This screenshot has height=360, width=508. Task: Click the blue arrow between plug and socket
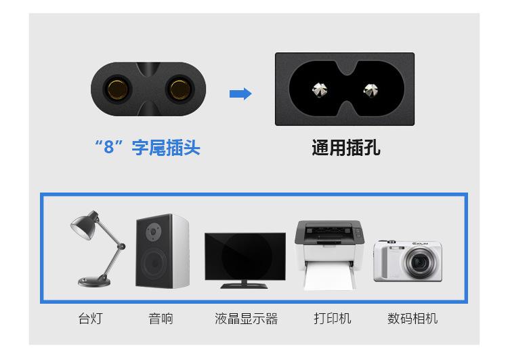point(240,94)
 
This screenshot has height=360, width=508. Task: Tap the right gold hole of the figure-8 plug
point(179,89)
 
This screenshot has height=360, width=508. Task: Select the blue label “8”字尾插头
point(147,147)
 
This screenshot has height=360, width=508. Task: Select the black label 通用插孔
point(345,147)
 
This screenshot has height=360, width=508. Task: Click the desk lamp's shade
point(84,228)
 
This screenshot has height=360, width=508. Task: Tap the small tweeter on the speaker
point(154,232)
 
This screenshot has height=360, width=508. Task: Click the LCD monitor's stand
point(244,284)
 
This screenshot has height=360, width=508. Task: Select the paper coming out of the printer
point(329,276)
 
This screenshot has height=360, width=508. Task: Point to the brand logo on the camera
point(422,245)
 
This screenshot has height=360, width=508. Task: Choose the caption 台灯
point(90,318)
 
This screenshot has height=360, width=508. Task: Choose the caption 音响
point(161,318)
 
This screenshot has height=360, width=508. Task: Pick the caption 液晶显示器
point(246,318)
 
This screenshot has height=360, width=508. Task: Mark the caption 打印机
point(332,318)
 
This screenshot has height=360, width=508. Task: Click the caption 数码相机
point(412,318)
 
